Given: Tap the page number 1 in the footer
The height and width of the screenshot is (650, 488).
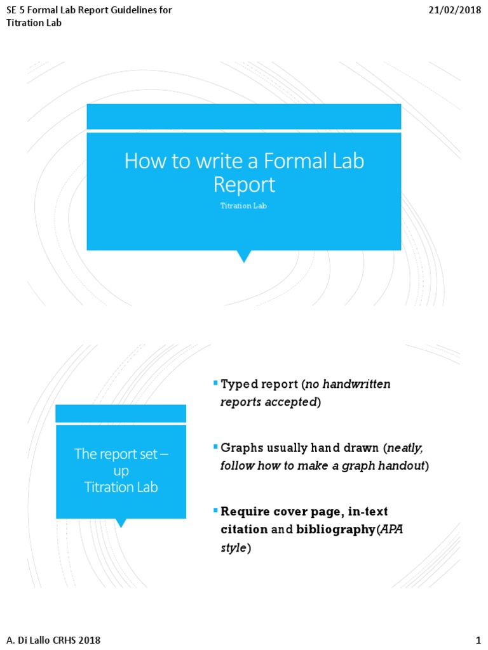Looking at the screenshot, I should pos(478,640).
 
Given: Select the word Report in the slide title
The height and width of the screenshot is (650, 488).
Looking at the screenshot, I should pos(244,185).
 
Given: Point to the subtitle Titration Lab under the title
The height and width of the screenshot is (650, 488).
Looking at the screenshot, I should pos(243,206).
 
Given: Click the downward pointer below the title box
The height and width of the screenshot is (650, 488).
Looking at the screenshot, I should pos(244,256).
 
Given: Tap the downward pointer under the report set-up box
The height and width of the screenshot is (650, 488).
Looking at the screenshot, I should pos(121,523).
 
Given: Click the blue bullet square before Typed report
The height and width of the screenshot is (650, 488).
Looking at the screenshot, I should pos(215,382).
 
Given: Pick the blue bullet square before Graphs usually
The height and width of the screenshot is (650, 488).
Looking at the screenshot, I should pos(215,446).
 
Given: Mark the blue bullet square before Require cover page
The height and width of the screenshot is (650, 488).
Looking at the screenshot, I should pos(215,509).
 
